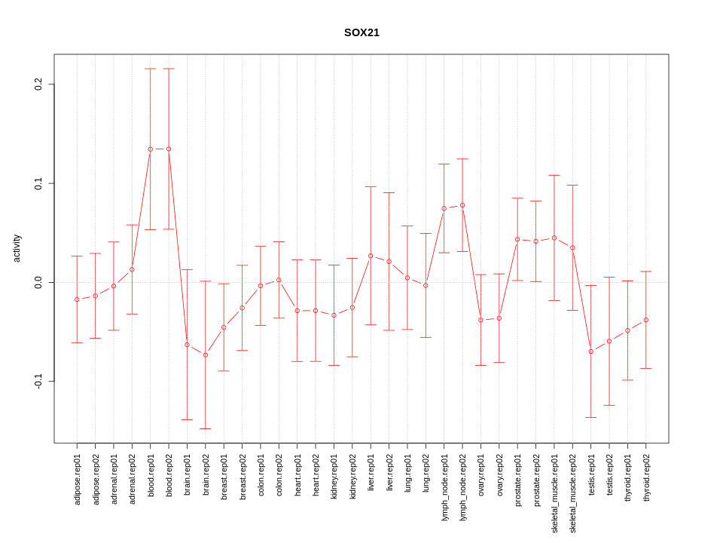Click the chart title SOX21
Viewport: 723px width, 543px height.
coord(361,32)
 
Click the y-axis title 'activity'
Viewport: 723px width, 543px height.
coord(17,248)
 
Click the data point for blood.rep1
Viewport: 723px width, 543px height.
coord(151,149)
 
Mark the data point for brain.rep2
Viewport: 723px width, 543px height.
coord(206,355)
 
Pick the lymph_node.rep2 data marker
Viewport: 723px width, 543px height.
coord(462,205)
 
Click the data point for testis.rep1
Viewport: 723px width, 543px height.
coord(591,351)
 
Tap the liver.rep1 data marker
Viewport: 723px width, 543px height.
coord(371,256)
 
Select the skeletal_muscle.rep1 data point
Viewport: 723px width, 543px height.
coord(554,238)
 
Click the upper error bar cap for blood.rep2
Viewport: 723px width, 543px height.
coord(169,69)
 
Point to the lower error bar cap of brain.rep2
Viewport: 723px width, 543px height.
coord(206,428)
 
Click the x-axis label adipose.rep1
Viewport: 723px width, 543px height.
coord(77,479)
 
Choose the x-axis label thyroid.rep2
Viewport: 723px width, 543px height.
coord(646,479)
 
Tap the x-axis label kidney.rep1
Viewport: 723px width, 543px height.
coord(334,479)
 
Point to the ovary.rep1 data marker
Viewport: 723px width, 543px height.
coord(480,320)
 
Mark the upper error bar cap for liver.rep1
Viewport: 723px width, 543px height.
coord(371,186)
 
